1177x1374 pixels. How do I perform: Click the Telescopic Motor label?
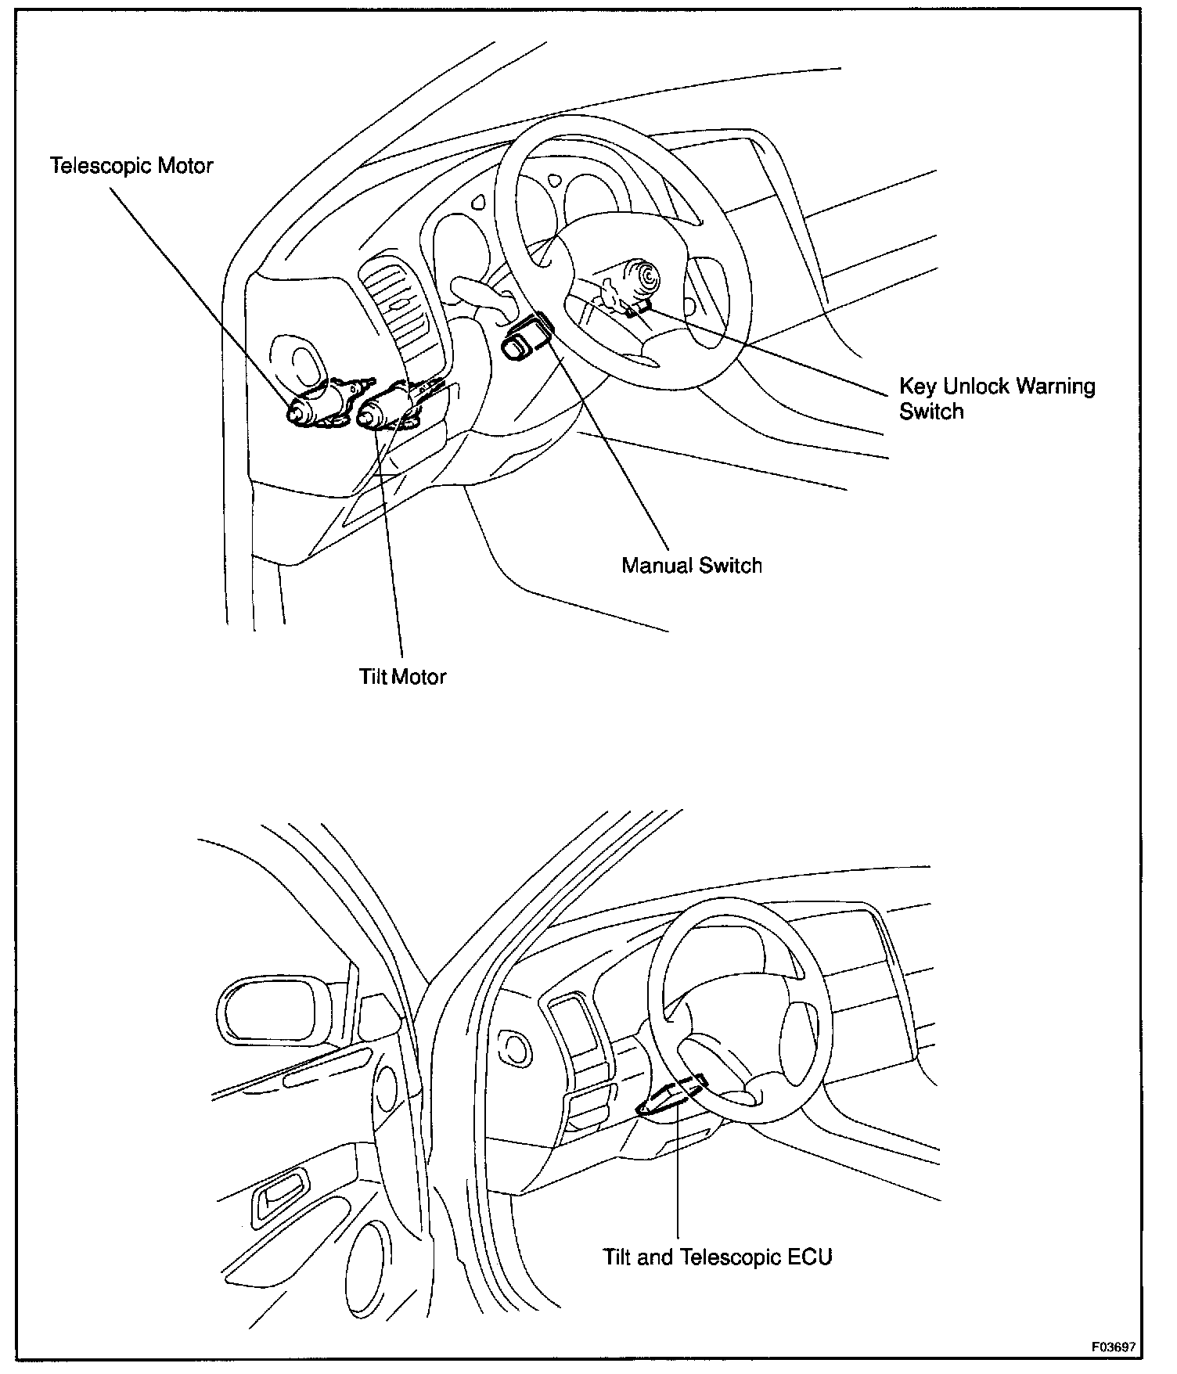tap(131, 166)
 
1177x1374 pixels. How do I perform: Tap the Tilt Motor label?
tap(402, 677)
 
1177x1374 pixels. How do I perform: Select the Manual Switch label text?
tap(692, 566)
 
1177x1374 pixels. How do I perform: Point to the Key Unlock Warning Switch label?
tap(996, 398)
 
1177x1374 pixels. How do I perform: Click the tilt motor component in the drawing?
tap(383, 408)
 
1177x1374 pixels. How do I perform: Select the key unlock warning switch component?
tap(637, 308)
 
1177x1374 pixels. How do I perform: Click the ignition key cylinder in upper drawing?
tap(645, 279)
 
